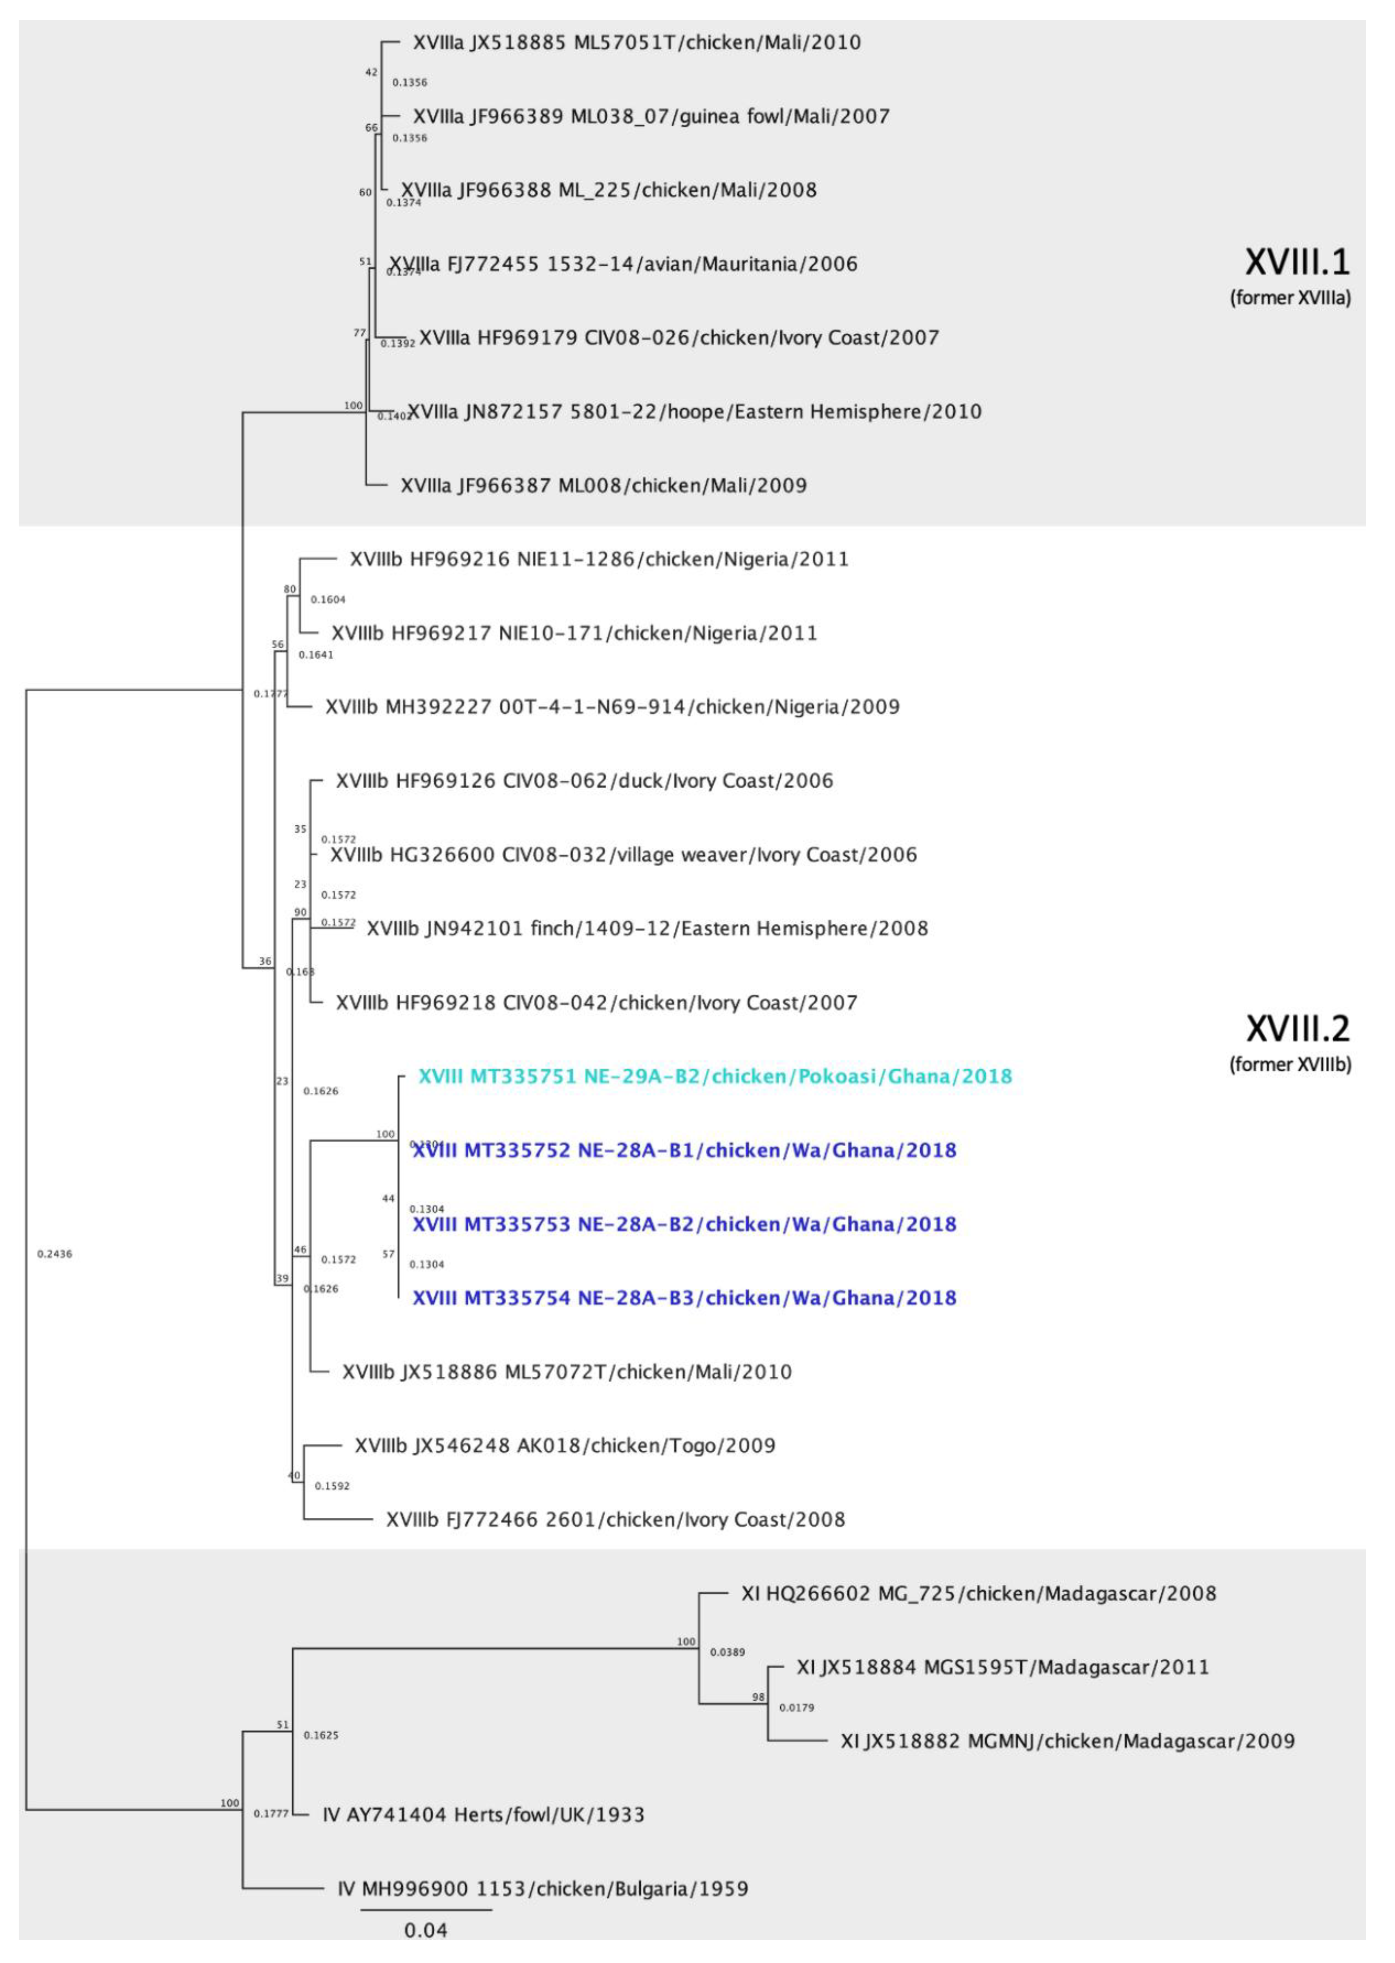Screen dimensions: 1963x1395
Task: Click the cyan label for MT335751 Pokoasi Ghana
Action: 715,1076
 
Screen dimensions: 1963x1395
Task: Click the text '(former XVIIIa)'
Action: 1290,298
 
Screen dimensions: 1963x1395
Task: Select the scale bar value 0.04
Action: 426,1931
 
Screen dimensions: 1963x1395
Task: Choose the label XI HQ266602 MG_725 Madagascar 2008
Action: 978,1593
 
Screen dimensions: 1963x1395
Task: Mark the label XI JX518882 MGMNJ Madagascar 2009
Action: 1067,1741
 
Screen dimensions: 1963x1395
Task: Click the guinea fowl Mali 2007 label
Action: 651,116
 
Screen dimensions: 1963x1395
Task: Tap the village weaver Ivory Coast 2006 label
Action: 624,854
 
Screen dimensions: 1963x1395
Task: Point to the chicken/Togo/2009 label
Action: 565,1445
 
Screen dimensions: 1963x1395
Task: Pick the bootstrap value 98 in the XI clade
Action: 758,1697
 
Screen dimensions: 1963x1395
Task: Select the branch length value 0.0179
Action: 796,1707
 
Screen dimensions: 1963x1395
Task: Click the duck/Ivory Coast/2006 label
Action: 584,781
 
